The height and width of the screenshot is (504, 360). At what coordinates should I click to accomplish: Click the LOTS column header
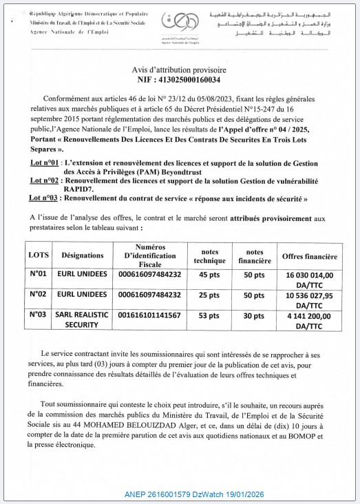[x=39, y=255]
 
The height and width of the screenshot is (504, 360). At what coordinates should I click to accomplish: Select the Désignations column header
[x=83, y=255]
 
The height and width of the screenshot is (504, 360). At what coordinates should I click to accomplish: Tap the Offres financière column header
[x=309, y=256]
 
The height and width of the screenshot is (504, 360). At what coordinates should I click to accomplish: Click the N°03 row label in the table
[x=39, y=315]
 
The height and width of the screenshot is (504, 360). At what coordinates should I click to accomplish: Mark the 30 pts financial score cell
[x=255, y=315]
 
